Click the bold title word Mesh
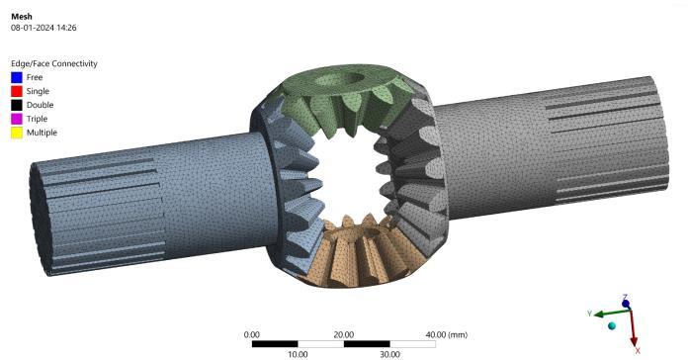22,17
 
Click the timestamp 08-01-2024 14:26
43,28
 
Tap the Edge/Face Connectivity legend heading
54,63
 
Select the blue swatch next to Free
17,77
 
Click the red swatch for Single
17,91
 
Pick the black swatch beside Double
17,105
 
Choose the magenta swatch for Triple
17,119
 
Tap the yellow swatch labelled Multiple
17,133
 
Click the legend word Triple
37,119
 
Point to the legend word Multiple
42,133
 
